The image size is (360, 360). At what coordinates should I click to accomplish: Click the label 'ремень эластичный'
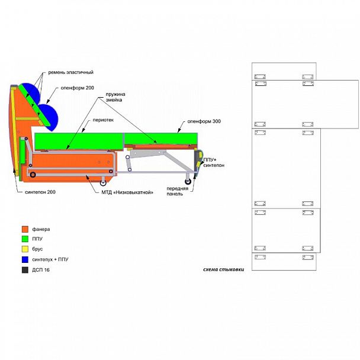tap(70, 72)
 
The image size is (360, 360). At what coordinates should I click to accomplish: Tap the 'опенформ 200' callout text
tap(77, 88)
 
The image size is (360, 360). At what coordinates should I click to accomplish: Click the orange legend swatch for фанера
tap(25, 229)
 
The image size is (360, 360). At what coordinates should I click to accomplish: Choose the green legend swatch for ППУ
tap(25, 239)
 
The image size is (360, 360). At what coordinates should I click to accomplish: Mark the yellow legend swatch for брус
tap(25, 249)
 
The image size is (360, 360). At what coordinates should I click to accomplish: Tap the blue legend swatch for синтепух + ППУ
tap(25, 259)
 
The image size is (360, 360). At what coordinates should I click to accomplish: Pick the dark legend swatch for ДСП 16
tap(25, 269)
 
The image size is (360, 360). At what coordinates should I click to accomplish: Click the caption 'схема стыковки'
tap(223, 269)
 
